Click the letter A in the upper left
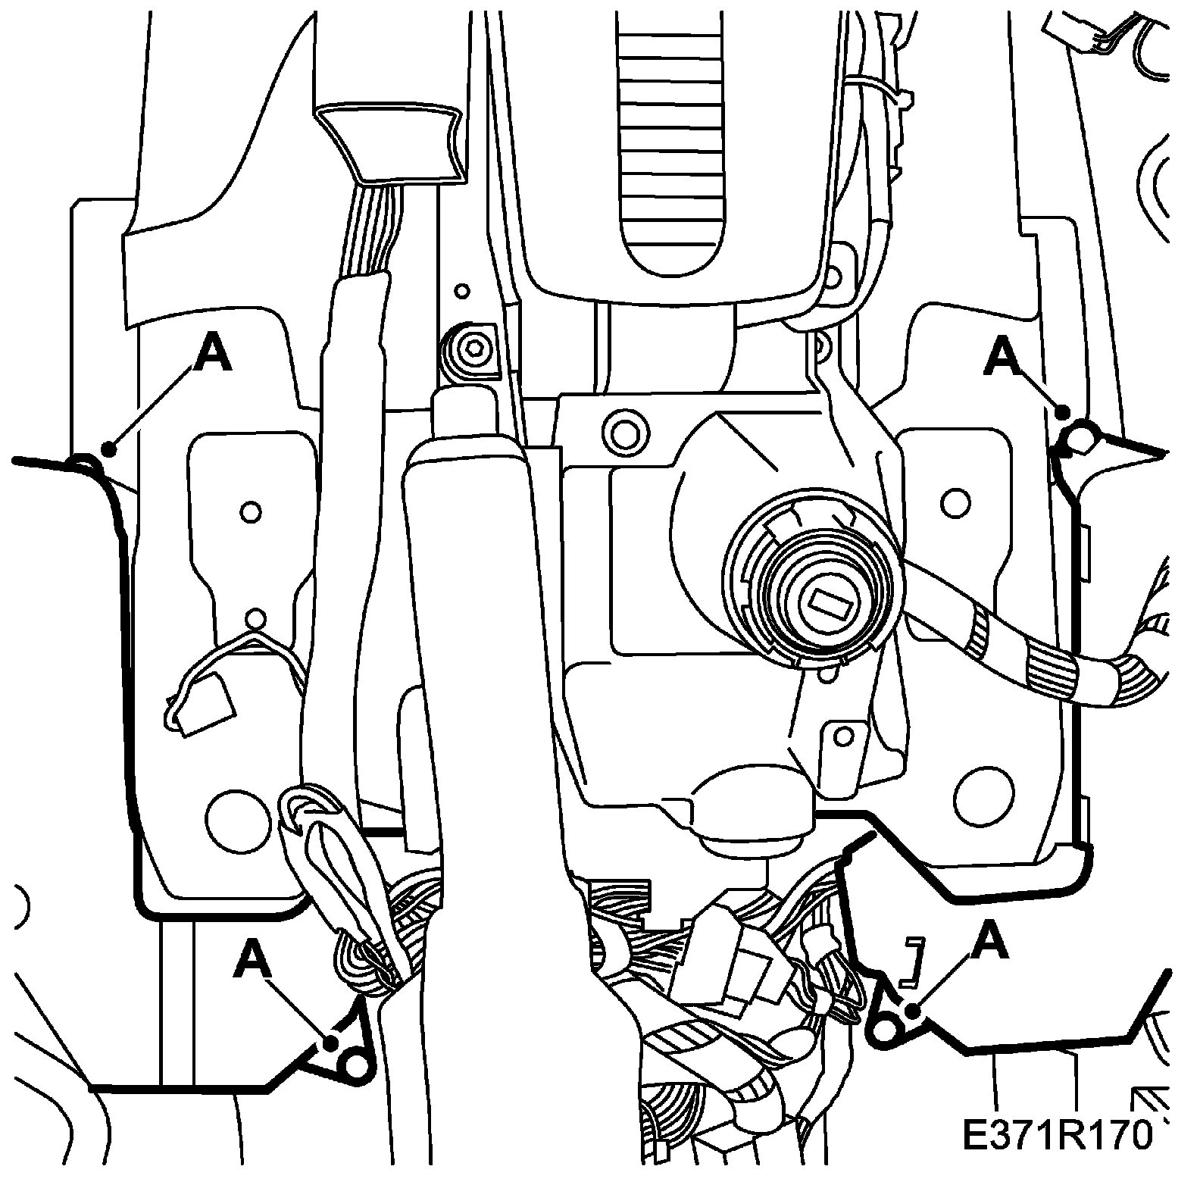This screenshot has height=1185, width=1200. pos(213,355)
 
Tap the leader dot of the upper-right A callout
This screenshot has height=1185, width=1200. pos(1063,412)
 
